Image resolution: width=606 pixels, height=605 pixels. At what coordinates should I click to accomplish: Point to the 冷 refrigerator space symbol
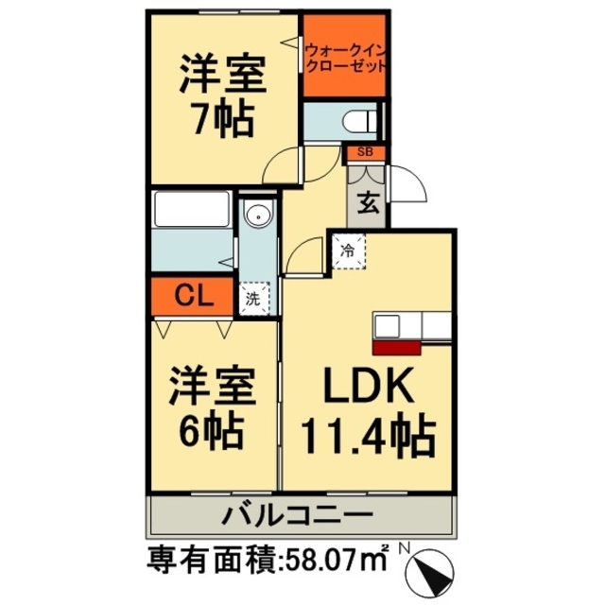(348, 251)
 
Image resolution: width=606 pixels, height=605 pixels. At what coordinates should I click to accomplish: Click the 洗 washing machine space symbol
(252, 298)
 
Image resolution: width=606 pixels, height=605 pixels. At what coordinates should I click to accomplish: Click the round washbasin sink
(256, 217)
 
